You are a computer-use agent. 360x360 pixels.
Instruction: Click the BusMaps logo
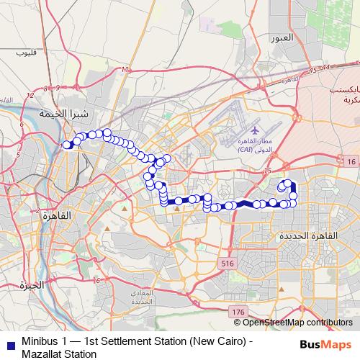pos(325,345)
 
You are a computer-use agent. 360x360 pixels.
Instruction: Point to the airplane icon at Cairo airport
pos(253,132)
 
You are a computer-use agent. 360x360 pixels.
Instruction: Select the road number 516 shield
pos(229,264)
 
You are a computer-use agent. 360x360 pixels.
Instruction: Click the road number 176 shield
pos(239,311)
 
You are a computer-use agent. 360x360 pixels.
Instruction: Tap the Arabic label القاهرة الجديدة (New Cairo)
pos(303,236)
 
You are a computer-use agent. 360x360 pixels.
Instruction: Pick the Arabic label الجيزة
pos(33,284)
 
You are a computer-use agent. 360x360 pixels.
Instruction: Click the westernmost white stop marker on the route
pos(67,145)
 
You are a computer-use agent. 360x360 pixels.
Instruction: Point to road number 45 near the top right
pos(311,70)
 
